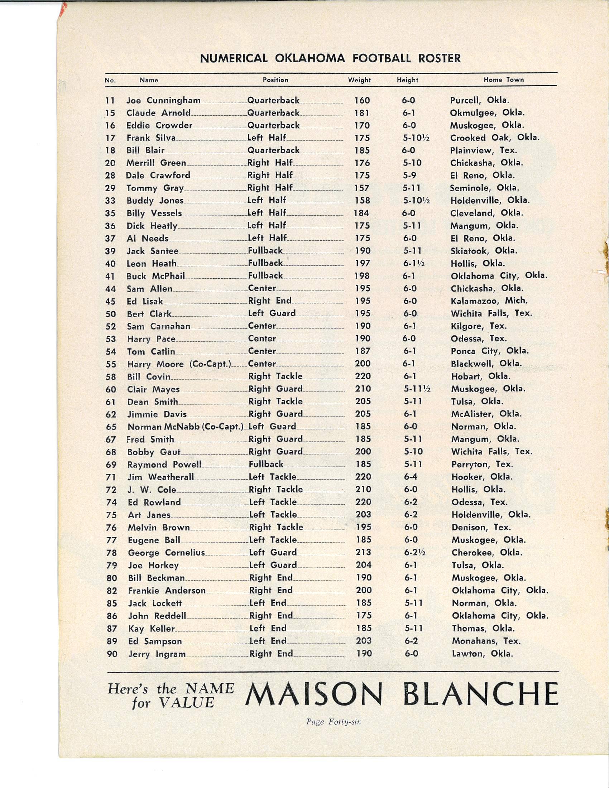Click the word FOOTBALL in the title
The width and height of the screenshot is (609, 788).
382,58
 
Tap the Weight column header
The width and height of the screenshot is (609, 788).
359,80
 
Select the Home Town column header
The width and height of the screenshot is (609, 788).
503,80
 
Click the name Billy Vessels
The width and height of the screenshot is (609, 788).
154,213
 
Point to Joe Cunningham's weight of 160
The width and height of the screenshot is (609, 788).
362,101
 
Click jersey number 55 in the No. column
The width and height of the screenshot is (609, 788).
111,364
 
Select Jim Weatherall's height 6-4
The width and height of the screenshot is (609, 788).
411,477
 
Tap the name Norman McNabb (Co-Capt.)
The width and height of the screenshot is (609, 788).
186,427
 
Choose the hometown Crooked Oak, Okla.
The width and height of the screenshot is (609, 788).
495,138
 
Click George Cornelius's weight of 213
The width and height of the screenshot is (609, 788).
363,552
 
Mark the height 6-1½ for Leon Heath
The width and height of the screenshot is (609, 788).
413,264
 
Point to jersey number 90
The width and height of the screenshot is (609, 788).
112,653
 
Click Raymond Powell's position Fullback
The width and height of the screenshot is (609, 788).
266,464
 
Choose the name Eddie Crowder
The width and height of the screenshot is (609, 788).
159,126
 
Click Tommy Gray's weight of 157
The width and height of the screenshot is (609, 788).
362,188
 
